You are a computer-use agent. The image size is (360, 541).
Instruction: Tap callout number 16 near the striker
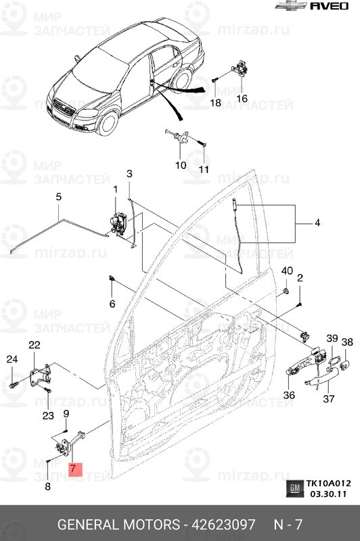click(242, 98)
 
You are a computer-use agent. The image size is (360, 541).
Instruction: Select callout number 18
click(215, 103)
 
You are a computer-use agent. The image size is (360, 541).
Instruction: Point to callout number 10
click(181, 164)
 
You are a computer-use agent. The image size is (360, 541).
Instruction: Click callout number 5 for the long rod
click(58, 197)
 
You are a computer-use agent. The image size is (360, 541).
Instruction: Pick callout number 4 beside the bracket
click(319, 222)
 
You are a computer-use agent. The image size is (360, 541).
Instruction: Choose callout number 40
click(286, 271)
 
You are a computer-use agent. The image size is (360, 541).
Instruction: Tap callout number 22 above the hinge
click(35, 346)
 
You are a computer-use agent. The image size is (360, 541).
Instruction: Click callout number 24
click(11, 359)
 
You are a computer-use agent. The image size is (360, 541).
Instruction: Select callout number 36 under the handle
click(289, 396)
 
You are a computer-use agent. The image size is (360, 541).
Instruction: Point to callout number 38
click(346, 344)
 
